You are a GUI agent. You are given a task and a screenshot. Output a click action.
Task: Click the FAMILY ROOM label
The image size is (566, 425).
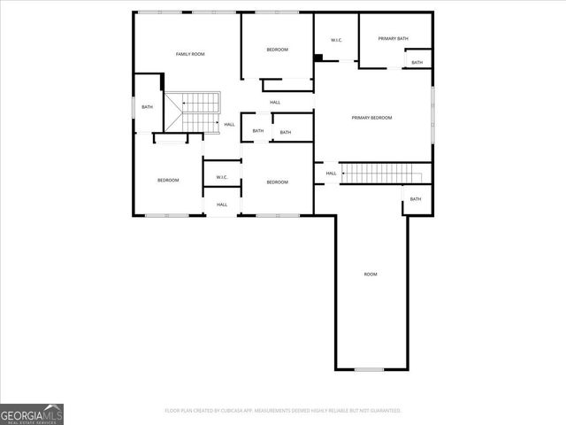190,55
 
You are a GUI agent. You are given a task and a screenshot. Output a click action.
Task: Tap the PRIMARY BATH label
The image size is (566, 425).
393,39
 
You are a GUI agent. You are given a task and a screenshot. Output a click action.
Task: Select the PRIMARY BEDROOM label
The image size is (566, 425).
371,118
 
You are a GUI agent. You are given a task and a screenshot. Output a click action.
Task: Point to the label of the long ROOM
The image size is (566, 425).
371,274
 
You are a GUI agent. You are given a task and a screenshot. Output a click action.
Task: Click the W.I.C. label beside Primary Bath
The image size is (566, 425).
336,41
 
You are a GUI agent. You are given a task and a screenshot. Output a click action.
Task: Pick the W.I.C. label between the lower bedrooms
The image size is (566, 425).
222,177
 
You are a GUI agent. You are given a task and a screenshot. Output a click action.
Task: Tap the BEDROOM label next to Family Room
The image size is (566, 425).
278,50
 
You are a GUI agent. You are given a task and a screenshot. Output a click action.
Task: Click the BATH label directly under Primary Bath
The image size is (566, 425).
417,63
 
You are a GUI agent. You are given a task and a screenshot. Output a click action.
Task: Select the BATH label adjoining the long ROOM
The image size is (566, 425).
415,199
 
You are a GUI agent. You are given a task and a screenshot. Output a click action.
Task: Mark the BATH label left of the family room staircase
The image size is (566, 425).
147,107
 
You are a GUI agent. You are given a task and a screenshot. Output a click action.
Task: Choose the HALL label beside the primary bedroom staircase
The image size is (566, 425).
331,174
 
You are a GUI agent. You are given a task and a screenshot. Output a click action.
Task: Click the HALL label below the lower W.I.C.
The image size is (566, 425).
222,205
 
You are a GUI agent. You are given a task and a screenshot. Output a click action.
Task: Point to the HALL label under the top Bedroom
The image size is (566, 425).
275,103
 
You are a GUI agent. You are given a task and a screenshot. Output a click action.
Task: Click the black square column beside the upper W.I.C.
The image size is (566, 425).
318,59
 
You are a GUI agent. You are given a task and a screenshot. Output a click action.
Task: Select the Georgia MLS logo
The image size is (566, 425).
32,413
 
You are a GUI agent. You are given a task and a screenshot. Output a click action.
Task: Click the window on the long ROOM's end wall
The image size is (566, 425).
369,369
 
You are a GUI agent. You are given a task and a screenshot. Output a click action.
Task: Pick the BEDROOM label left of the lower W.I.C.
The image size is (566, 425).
168,181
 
